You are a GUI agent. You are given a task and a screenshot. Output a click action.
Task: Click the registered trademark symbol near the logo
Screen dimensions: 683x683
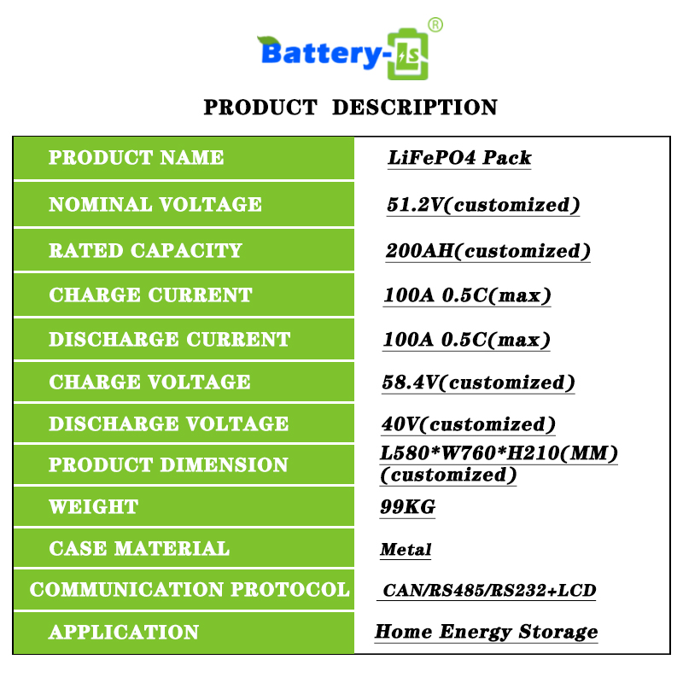pyautogui.click(x=435, y=25)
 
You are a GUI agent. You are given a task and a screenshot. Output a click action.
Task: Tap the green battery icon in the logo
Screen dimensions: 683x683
pyautogui.click(x=408, y=54)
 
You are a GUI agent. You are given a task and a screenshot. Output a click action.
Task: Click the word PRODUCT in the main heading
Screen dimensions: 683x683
pyautogui.click(x=260, y=108)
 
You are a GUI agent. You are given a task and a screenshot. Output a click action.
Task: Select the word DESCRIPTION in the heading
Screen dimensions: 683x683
pyautogui.click(x=415, y=108)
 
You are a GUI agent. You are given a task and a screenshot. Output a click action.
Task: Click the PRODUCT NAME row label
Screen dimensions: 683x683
pyautogui.click(x=136, y=157)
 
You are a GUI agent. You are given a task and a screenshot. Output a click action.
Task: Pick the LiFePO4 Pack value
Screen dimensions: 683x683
pyautogui.click(x=459, y=158)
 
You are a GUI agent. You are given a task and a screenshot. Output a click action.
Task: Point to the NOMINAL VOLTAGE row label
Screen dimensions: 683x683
pyautogui.click(x=155, y=204)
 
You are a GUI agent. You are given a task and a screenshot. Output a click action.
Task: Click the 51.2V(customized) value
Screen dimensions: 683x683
pyautogui.click(x=483, y=205)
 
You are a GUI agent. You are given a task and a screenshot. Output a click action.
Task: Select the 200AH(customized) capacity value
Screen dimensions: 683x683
pyautogui.click(x=487, y=251)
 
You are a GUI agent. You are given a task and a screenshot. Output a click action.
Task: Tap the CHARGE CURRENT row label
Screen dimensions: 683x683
pyautogui.click(x=151, y=295)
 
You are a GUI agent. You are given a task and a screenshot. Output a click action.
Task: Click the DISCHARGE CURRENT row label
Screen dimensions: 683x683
pyautogui.click(x=169, y=339)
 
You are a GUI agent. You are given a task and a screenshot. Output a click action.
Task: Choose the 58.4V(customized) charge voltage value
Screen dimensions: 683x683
pyautogui.click(x=478, y=382)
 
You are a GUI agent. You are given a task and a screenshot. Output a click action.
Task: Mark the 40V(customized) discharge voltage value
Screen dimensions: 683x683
pyautogui.click(x=468, y=424)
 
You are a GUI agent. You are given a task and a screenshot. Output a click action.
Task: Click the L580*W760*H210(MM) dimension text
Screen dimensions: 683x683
pyautogui.click(x=499, y=453)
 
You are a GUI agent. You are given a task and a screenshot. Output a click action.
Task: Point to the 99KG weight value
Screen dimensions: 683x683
pyautogui.click(x=408, y=506)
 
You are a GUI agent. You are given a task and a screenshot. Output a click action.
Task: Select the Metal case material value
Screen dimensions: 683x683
pyautogui.click(x=406, y=549)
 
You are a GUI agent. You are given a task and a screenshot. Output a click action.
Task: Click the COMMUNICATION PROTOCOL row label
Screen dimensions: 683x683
pyautogui.click(x=190, y=590)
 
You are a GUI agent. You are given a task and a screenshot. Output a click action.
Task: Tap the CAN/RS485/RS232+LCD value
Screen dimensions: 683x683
pyautogui.click(x=489, y=590)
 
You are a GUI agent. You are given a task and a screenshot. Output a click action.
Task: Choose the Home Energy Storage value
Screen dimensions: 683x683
pyautogui.click(x=486, y=632)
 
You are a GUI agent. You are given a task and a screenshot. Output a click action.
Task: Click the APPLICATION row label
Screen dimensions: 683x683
pyautogui.click(x=124, y=632)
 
